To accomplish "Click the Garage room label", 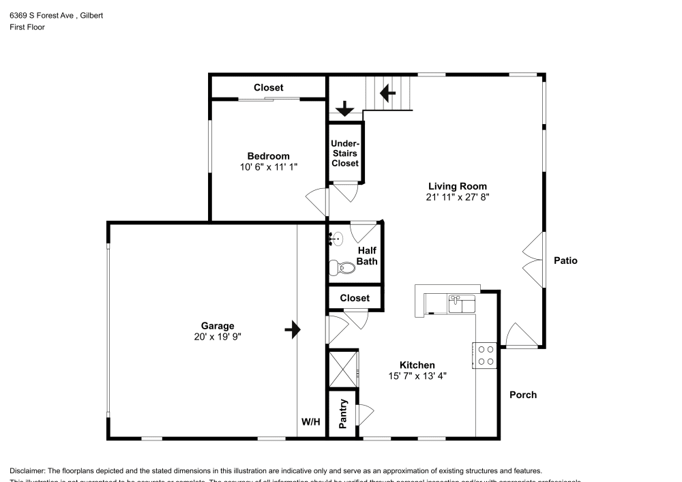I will pyautogui.click(x=218, y=326).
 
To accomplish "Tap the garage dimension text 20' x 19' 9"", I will pyautogui.click(x=218, y=337).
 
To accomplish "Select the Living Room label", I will pyautogui.click(x=457, y=186).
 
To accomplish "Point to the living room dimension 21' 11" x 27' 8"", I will pyautogui.click(x=457, y=197).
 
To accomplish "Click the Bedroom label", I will pyautogui.click(x=268, y=156).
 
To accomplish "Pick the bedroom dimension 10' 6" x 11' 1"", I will pyautogui.click(x=268, y=167).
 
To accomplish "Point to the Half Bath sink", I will pyautogui.click(x=338, y=238).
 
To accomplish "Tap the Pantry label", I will pyautogui.click(x=344, y=414).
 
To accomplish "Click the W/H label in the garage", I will pyautogui.click(x=311, y=423).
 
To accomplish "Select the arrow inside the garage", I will pyautogui.click(x=293, y=330).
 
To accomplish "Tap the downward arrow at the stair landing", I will pyautogui.click(x=345, y=108).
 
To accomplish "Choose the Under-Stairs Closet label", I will pyautogui.click(x=344, y=153).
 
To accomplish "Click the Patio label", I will pyautogui.click(x=565, y=260).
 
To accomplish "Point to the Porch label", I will pyautogui.click(x=523, y=395).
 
